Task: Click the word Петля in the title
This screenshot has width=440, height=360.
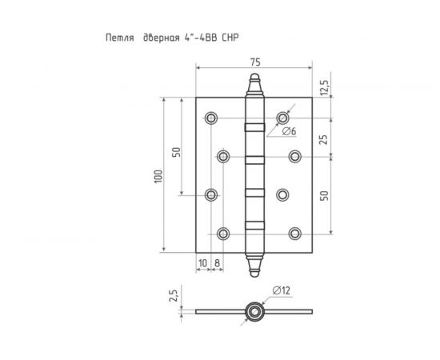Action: pos(120,38)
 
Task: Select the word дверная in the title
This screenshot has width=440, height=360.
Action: pos(162,38)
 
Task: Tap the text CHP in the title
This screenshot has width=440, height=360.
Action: pos(230,38)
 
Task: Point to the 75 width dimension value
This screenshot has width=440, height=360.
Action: pos(255,62)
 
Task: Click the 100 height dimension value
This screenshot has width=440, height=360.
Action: pos(158,177)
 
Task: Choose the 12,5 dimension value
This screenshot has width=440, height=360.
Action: pos(324,87)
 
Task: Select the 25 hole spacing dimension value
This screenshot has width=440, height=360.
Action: pos(324,139)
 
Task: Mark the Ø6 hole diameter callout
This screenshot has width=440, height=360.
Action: pos(289,131)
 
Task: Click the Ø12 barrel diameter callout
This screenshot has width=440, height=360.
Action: pos(281,290)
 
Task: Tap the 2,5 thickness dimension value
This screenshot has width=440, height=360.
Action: pos(173,296)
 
